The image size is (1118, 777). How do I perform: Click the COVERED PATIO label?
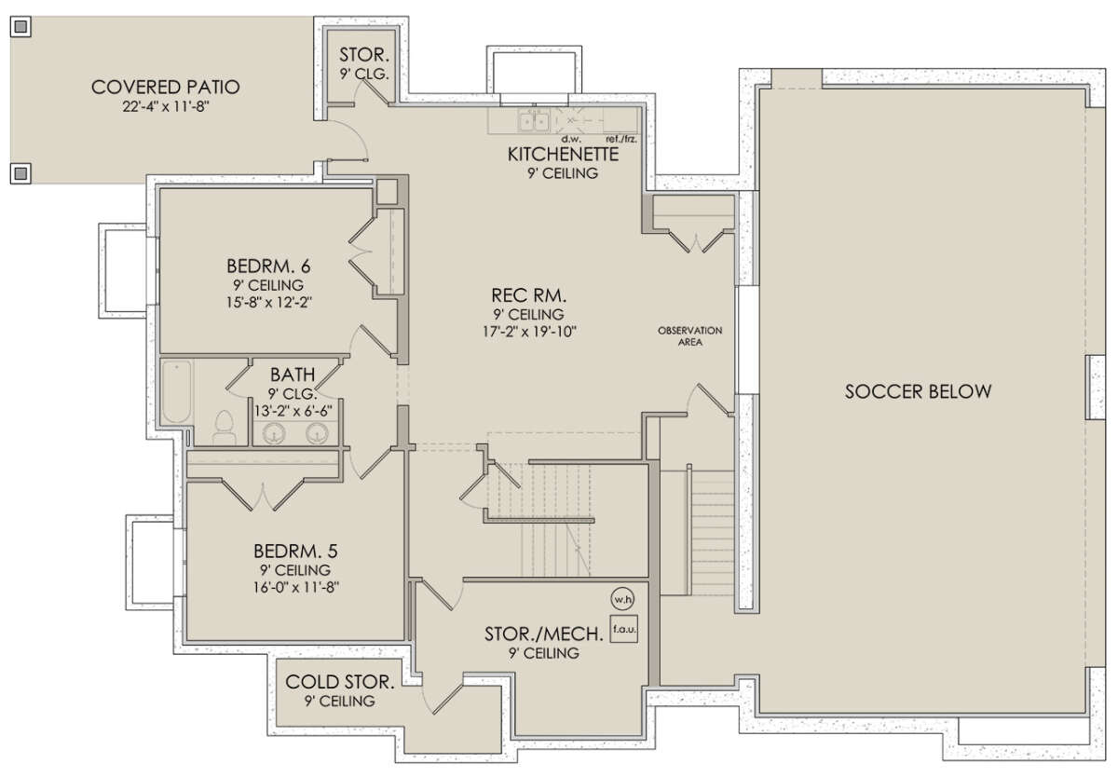166,88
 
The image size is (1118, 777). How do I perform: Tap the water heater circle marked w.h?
622,599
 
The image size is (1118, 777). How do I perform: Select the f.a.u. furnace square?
624,629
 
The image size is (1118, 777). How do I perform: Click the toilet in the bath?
225,428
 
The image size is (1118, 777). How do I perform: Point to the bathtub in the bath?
177,391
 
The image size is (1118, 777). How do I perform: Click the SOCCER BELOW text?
918,391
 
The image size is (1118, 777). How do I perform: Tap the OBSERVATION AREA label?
690,336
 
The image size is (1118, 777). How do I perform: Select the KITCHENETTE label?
563,155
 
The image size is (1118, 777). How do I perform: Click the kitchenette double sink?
534,121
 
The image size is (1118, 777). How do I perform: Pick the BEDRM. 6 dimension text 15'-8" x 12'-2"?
269,303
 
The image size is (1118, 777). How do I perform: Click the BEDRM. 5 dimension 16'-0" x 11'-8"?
296,587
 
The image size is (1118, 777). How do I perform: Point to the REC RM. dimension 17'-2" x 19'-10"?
529,332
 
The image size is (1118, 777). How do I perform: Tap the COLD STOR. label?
340,682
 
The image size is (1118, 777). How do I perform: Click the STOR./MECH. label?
543,634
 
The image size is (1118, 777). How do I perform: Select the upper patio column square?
20,26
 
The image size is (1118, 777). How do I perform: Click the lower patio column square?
20,173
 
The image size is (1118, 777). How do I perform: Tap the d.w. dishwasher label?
571,139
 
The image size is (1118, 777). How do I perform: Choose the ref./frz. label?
620,139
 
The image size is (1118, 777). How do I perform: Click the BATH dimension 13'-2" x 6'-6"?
293,411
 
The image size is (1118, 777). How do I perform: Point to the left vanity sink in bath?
274,433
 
